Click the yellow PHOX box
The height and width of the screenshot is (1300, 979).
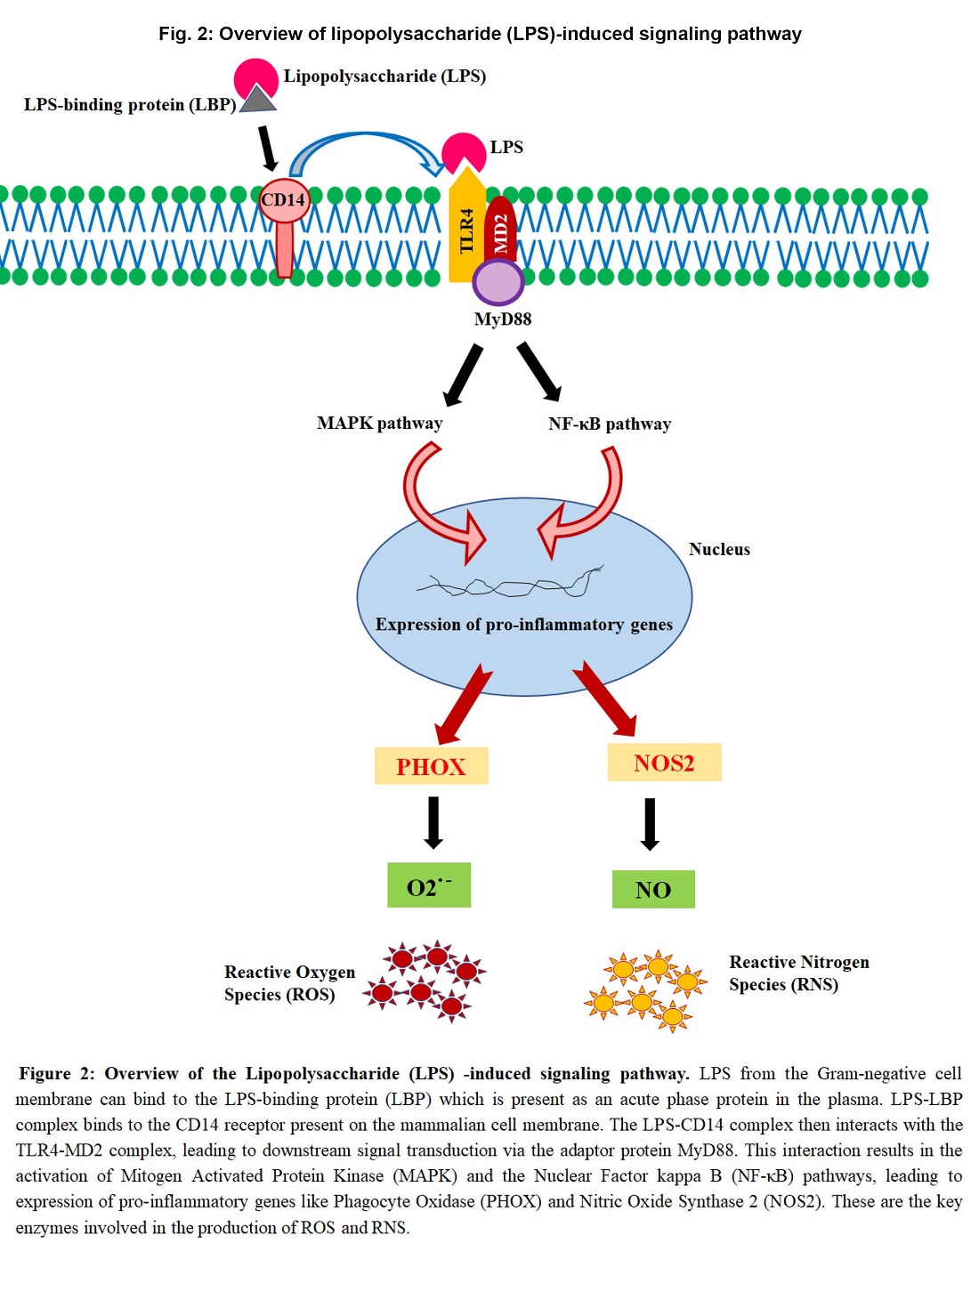click(431, 766)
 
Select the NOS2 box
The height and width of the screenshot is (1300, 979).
click(664, 763)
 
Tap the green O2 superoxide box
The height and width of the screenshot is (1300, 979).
click(429, 885)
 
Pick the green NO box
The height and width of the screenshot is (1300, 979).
click(653, 889)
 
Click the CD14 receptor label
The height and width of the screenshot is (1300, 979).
click(283, 200)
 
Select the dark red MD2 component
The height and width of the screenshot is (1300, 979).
click(500, 229)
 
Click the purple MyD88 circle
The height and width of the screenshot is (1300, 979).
click(498, 283)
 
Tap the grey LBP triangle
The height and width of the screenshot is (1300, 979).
click(257, 99)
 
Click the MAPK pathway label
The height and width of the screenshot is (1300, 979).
click(379, 424)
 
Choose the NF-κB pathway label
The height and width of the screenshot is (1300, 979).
click(610, 424)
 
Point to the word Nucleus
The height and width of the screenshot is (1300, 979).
click(719, 550)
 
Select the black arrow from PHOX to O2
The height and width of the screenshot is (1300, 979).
click(433, 822)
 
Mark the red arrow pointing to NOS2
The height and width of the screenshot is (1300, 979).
click(605, 698)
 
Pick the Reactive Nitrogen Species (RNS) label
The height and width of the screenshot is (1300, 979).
click(798, 973)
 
